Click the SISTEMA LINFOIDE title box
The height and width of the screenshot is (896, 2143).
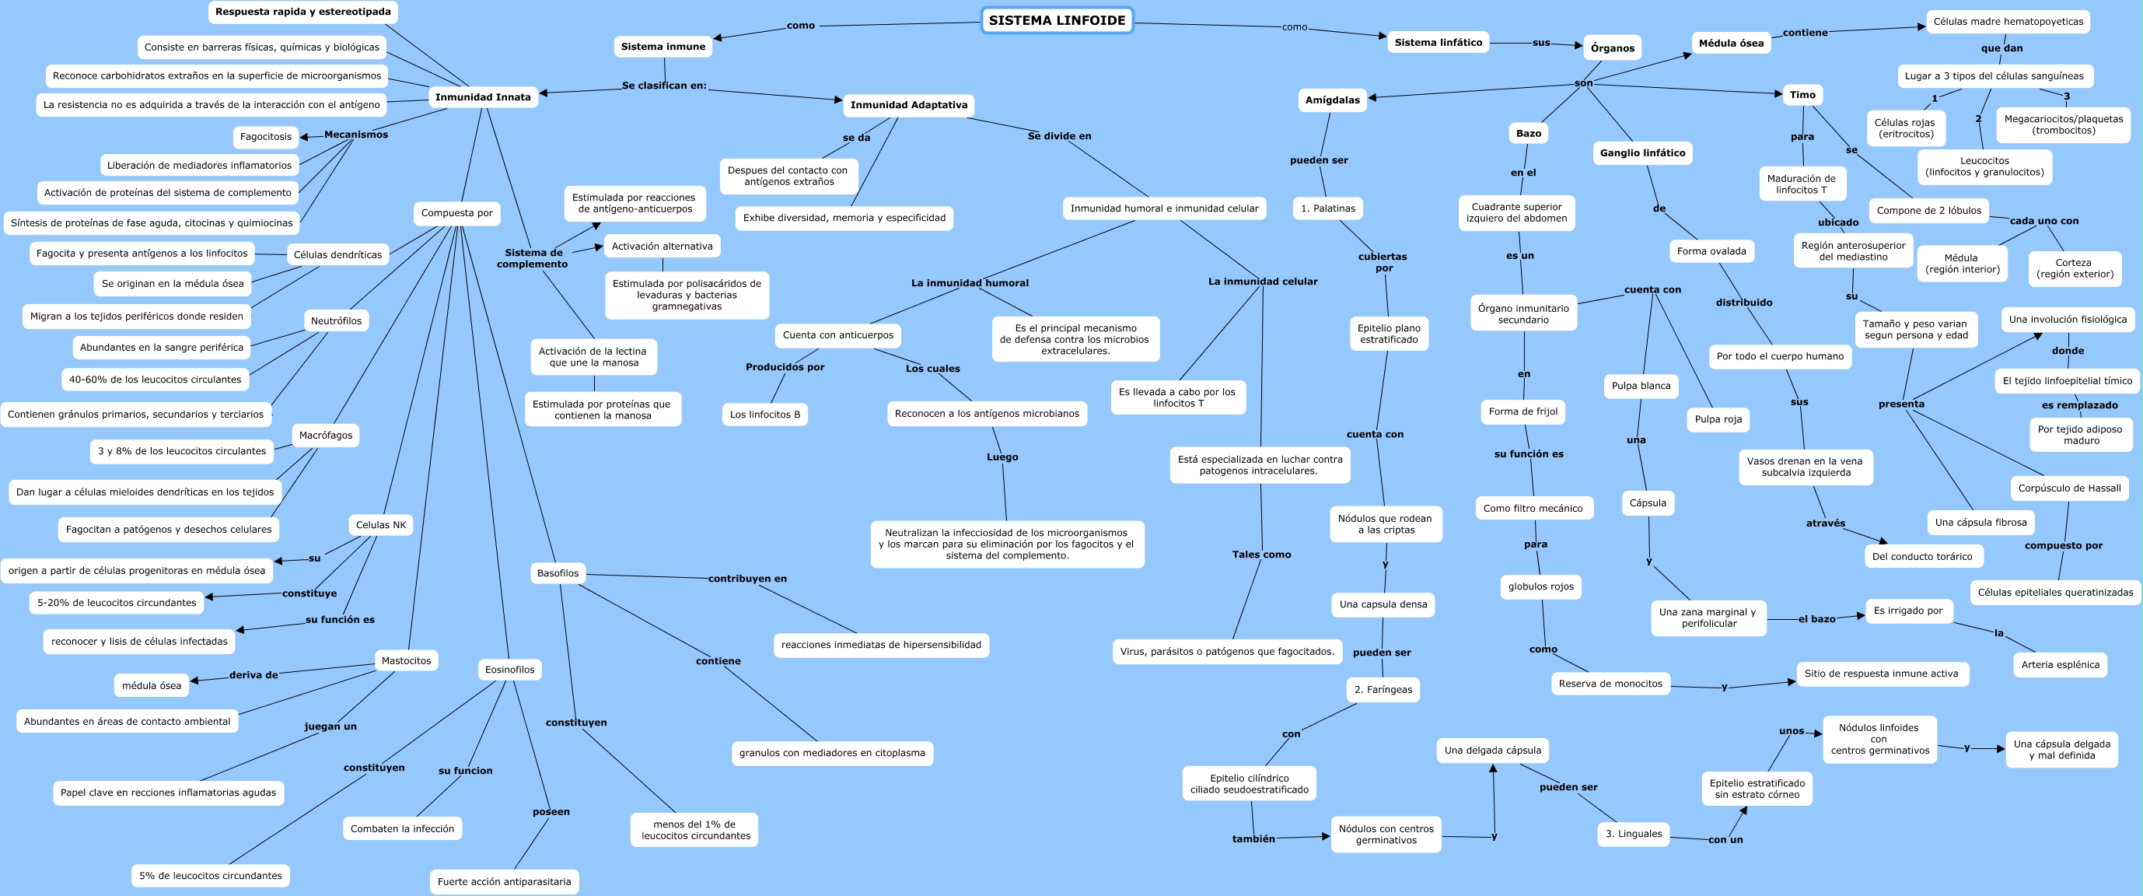1057,21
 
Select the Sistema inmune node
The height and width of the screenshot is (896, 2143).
663,47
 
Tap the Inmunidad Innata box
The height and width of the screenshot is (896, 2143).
483,97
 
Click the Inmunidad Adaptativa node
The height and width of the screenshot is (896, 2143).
908,106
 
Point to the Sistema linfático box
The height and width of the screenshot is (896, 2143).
1439,43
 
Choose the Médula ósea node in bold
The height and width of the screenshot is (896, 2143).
1730,44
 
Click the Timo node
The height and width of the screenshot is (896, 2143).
1802,95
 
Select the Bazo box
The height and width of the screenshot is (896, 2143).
1528,133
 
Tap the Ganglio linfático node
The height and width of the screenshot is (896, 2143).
1642,153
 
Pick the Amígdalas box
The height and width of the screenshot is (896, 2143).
1332,100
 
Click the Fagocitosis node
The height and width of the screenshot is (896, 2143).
265,136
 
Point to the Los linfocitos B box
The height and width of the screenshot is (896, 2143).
764,415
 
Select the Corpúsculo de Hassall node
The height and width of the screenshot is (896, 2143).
2069,488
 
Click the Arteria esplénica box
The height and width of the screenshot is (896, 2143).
2060,665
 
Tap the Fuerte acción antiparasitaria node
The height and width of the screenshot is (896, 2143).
504,882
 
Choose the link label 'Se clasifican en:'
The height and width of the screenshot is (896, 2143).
664,86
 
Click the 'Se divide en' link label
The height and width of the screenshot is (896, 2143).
1059,136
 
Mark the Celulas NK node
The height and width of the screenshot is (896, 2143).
381,525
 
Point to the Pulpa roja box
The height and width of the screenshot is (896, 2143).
1718,419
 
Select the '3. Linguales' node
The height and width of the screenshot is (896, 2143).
1633,834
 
